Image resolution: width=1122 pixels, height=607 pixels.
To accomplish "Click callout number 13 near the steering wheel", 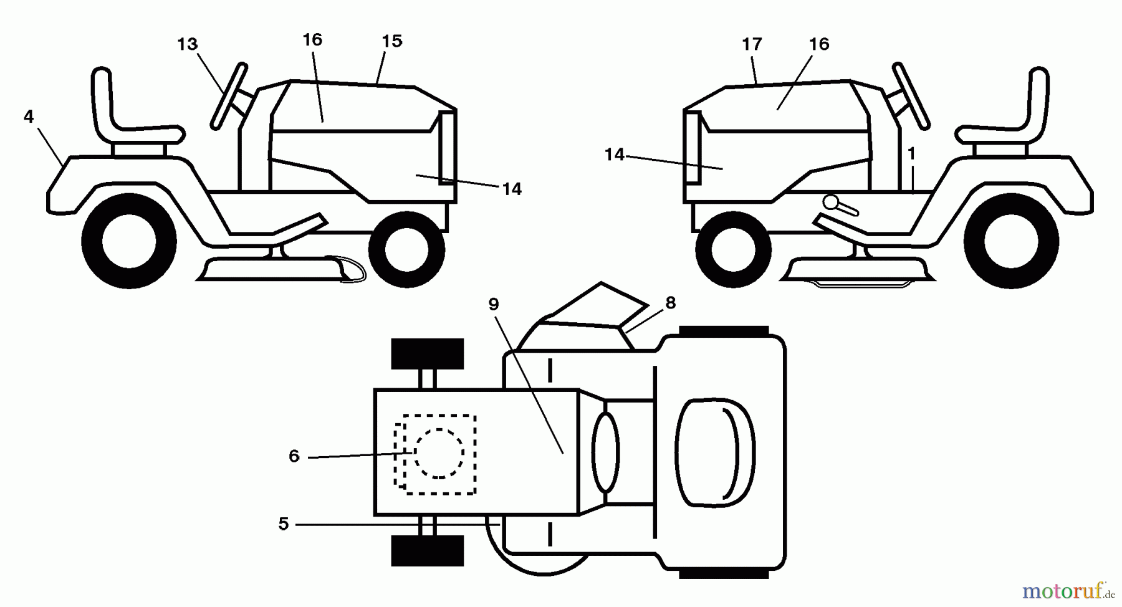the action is click(187, 44).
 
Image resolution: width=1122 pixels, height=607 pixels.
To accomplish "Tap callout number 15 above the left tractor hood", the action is click(391, 41).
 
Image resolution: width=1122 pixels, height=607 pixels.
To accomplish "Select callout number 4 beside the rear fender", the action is click(29, 116).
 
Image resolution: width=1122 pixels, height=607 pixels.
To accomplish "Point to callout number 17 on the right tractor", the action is click(752, 44).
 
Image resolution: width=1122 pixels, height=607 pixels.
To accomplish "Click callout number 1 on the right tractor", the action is click(911, 153).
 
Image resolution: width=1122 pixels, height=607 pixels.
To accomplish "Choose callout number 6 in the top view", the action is click(294, 456).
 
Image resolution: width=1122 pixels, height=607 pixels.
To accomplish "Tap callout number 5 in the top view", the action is click(284, 524).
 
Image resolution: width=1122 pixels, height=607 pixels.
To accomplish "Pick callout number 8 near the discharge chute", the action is click(671, 303).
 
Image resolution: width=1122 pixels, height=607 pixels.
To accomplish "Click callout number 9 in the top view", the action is click(494, 304).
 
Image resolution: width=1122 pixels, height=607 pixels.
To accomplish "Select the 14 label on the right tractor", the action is click(615, 155).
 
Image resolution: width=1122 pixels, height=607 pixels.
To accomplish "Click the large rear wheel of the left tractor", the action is click(129, 241).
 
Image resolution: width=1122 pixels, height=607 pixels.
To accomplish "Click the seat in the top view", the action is click(716, 452).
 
